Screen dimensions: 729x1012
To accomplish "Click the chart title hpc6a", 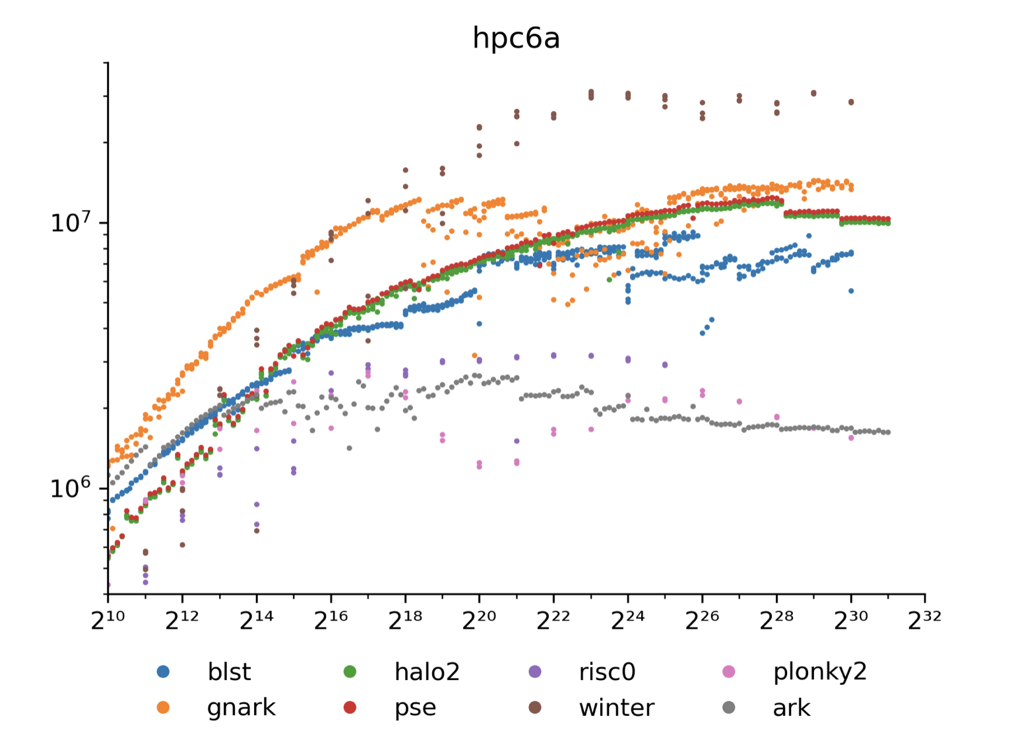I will tap(516, 38).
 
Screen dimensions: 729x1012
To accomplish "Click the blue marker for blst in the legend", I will tap(163, 672).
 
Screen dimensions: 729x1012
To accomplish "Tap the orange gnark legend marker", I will tap(163, 707).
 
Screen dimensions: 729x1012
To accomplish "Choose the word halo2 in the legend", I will tap(427, 672).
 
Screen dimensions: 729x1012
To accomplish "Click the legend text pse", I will tap(415, 708).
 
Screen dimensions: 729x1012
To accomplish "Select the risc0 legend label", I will tap(607, 672).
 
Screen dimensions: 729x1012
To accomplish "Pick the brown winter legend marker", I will tap(535, 707).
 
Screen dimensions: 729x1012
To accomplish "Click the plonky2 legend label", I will tap(819, 672).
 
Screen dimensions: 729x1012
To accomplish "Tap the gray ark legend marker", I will tap(728, 707).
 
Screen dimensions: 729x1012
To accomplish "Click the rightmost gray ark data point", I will tap(888, 433).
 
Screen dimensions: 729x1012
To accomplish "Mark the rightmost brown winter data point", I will tap(851, 102).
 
